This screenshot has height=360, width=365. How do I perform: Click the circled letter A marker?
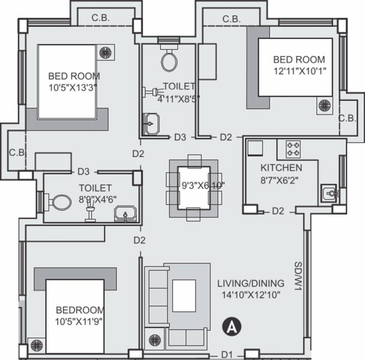point(231,327)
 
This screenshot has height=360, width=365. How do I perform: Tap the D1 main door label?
point(227,355)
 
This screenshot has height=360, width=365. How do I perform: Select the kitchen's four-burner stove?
point(293,150)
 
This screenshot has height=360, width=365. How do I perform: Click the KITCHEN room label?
point(281,168)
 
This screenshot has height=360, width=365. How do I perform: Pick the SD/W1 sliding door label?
point(298,276)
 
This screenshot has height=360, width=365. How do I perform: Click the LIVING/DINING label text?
point(251,283)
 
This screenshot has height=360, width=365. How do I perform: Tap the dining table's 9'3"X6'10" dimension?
point(203,185)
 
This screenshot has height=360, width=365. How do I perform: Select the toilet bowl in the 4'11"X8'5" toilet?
point(169,60)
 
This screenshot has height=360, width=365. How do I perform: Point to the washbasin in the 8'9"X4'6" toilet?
point(125,214)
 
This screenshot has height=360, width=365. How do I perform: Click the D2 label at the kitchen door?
point(278,211)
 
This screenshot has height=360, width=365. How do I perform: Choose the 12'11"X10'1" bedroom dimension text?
point(300,71)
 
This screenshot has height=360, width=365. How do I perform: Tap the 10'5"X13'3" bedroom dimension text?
point(73,88)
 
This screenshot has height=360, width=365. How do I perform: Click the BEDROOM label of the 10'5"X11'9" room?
point(80,310)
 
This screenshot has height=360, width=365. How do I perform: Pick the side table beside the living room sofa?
point(154,338)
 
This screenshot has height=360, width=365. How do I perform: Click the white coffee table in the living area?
point(184,296)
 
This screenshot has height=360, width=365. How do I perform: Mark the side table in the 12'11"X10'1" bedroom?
point(325,105)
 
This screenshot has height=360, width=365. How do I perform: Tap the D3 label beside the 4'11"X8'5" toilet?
point(180,137)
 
